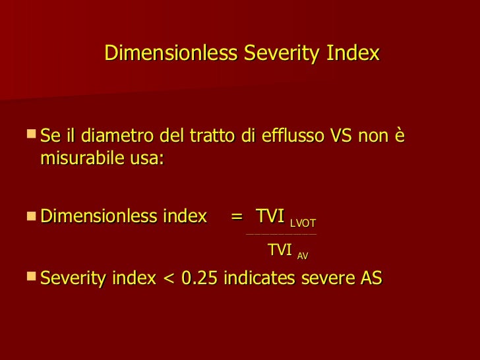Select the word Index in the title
pos(353,53)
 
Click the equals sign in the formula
pos(236,216)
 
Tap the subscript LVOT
pos(303,223)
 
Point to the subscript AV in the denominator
pos(303,256)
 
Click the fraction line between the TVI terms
pos(281,234)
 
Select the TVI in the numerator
pos(270,216)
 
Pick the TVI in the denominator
pos(280,250)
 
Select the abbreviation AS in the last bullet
pos(370,278)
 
